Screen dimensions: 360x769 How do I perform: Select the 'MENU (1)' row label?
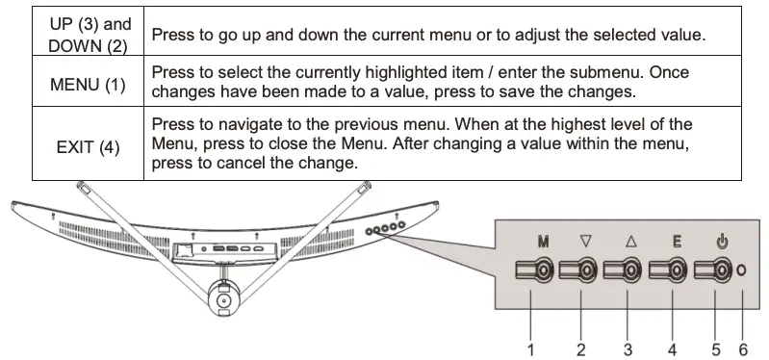point(88,85)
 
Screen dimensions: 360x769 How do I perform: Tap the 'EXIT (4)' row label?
point(88,148)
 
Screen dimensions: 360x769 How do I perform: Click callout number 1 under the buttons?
point(530,347)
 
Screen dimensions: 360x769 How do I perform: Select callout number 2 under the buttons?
point(581,347)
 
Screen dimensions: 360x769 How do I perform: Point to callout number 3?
point(627,347)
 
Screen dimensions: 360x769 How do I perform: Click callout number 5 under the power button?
point(716,347)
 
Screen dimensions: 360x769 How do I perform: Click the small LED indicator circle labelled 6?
point(741,272)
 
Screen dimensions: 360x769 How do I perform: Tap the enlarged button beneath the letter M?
point(536,272)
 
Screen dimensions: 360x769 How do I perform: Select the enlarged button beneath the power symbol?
point(717,272)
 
